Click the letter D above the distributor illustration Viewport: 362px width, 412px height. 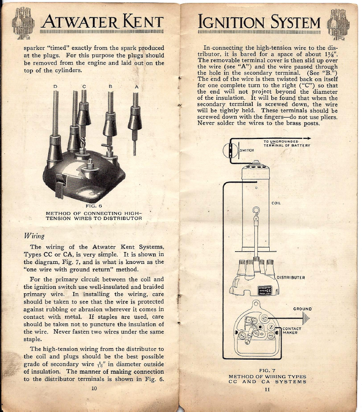pyautogui.click(x=55, y=87)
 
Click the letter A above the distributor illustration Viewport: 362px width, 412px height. pyautogui.click(x=136, y=87)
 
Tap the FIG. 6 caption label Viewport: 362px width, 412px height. pyautogui.click(x=94, y=206)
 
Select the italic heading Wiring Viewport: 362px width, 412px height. pyautogui.click(x=34, y=235)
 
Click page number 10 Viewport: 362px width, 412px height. pyautogui.click(x=94, y=388)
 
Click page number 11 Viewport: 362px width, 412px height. pyautogui.click(x=267, y=389)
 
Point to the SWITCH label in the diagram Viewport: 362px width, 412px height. pyautogui.click(x=247, y=150)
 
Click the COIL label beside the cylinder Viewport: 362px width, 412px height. pyautogui.click(x=276, y=203)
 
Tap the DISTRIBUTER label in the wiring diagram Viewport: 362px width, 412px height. pyautogui.click(x=291, y=278)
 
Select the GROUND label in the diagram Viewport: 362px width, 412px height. pyautogui.click(x=303, y=309)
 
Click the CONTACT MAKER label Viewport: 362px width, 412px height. pyautogui.click(x=292, y=330)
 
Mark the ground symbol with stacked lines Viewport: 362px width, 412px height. pyautogui.click(x=306, y=318)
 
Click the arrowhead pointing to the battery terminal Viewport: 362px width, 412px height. pyautogui.click(x=308, y=138)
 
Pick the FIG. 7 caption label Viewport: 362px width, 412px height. pyautogui.click(x=267, y=370)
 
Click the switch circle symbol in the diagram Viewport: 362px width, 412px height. pyautogui.click(x=230, y=151)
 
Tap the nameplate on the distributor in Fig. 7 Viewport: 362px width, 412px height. pyautogui.click(x=265, y=290)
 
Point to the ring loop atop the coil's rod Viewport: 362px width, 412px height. pyautogui.click(x=256, y=210)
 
